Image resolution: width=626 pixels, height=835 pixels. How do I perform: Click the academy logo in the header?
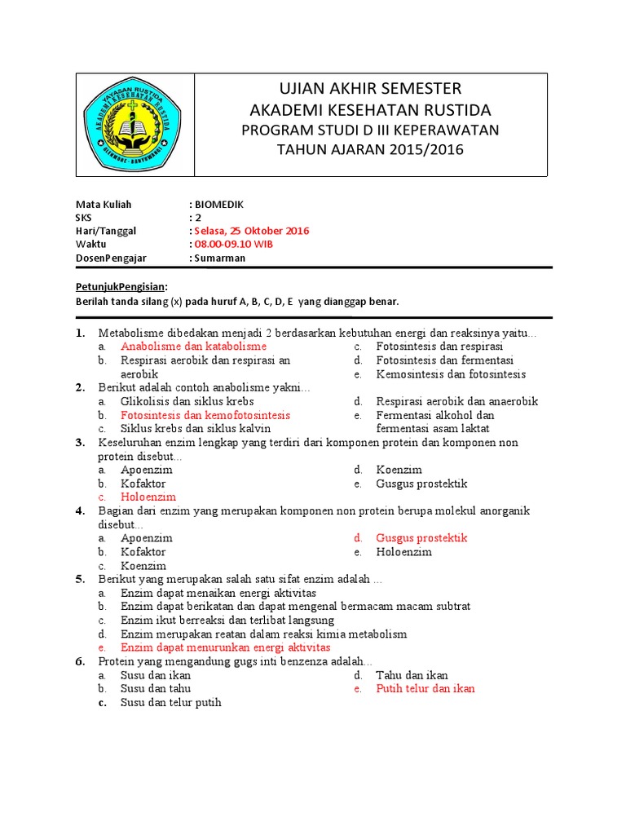click(135, 124)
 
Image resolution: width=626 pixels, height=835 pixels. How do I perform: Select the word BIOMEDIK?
click(219, 205)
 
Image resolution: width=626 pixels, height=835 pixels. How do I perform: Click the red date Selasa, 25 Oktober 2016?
click(252, 231)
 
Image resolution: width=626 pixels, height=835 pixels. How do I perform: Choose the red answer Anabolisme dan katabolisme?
click(194, 347)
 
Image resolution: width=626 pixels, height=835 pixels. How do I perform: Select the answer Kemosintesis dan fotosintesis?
click(451, 374)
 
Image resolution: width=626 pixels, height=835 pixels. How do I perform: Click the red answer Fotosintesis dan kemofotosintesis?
click(205, 415)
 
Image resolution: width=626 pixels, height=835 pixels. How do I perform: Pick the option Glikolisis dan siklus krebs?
click(187, 401)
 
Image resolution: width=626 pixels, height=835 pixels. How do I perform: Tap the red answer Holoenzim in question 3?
click(148, 497)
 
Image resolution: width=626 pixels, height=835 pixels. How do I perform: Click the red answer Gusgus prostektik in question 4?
click(421, 538)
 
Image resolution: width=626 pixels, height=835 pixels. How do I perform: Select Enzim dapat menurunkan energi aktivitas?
click(226, 647)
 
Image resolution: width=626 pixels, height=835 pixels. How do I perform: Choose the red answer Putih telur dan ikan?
click(425, 688)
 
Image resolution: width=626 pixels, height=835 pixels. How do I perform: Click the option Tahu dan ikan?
click(412, 675)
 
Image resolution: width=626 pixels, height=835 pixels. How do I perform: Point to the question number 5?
click(81, 579)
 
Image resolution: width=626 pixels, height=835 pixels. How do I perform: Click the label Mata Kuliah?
click(104, 205)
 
